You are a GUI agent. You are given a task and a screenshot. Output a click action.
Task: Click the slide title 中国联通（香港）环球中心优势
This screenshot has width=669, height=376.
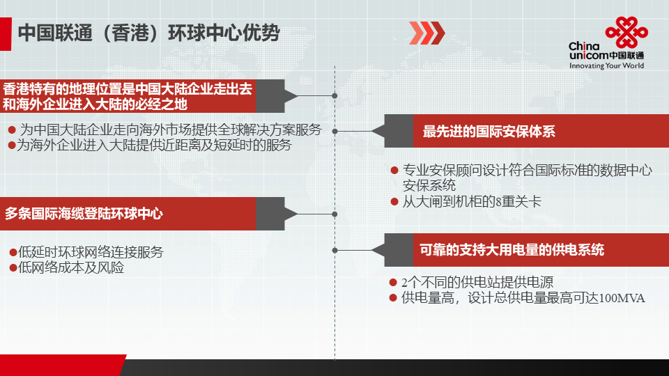(x=148, y=33)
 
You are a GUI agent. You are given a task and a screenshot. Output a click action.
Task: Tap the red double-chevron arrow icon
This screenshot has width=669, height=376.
(x=426, y=33)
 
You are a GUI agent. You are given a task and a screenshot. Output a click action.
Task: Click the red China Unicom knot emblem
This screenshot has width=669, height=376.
(x=626, y=33)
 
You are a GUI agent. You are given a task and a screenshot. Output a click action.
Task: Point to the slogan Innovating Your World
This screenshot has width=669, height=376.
(x=606, y=65)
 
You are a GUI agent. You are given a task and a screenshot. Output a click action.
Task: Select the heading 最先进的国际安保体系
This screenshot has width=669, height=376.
(x=489, y=132)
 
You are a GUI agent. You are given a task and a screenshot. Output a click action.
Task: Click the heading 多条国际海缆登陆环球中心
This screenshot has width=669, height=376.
(x=84, y=213)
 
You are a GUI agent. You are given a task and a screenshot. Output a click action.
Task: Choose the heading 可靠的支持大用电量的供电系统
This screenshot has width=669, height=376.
(x=512, y=250)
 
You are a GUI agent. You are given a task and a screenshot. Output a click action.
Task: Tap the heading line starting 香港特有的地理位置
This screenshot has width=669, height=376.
(x=127, y=89)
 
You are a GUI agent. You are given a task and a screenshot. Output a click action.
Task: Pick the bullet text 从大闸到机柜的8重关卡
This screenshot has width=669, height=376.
(x=472, y=201)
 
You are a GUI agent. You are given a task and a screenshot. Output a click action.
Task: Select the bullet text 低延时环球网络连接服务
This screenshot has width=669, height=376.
(x=91, y=252)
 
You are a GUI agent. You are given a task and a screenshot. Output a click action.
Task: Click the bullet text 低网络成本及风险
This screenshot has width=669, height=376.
(x=71, y=267)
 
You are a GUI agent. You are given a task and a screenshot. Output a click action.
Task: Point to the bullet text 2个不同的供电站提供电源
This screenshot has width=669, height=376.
(x=477, y=282)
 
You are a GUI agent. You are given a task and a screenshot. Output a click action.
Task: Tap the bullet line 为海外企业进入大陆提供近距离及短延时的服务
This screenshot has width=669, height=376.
(x=154, y=146)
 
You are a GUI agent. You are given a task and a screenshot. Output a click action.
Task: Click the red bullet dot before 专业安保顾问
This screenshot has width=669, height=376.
(x=394, y=171)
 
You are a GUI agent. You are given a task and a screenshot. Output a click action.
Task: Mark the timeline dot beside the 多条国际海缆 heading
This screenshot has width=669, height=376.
(x=335, y=214)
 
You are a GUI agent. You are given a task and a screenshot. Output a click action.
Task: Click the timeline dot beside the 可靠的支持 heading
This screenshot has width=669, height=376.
(x=335, y=250)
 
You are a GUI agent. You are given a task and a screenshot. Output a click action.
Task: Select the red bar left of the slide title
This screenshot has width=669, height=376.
(x=6, y=34)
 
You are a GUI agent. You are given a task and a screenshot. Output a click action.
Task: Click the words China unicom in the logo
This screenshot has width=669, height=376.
(x=588, y=51)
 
